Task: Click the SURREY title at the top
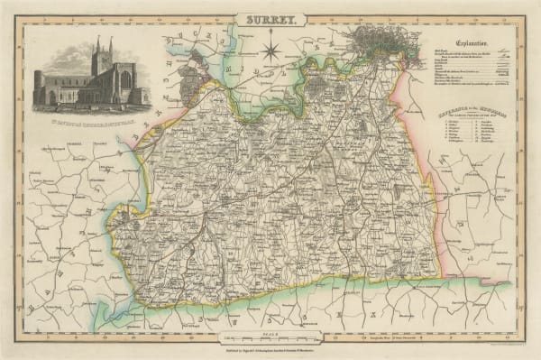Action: point(271,17)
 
